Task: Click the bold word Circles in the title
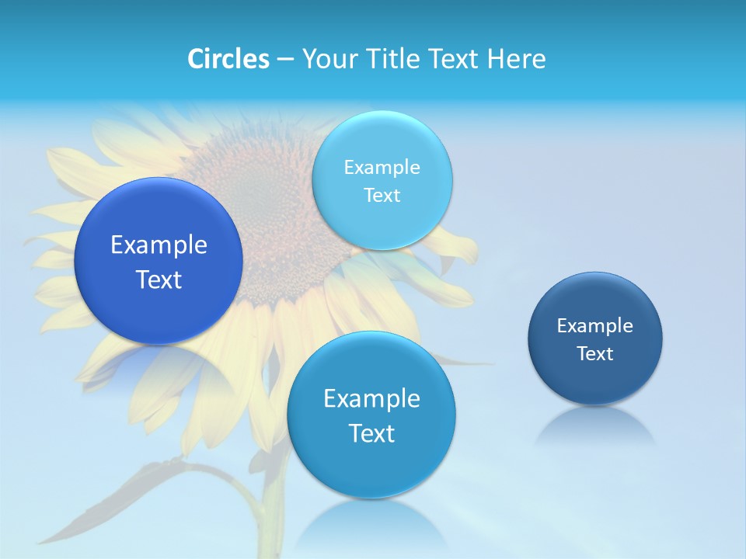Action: pos(228,59)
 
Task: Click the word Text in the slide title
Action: pos(455,59)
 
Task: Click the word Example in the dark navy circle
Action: pos(594,326)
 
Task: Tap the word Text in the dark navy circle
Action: pos(594,354)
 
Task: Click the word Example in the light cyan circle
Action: pos(382,168)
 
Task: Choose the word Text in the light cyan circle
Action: pos(382,196)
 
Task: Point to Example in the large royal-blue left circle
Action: pos(159,245)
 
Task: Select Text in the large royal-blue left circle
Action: pos(159,279)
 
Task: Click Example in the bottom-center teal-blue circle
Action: pos(371,399)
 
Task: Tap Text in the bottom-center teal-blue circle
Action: pos(371,433)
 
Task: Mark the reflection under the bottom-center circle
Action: pos(371,520)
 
